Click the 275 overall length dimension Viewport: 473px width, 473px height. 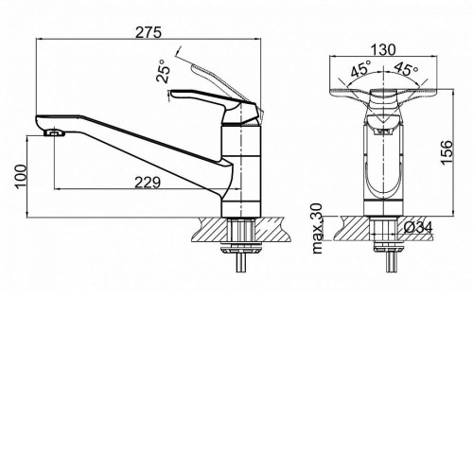149,32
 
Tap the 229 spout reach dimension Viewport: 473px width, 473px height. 148,183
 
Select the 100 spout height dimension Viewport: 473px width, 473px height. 22,176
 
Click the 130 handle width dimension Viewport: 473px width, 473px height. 383,50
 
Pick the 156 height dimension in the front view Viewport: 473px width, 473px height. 447,152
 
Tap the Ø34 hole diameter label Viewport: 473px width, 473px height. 418,227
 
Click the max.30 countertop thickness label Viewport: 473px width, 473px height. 318,229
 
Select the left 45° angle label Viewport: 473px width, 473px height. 360,69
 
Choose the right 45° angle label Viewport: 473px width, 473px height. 406,68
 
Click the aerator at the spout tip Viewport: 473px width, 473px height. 55,132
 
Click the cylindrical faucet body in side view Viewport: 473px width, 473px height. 241,171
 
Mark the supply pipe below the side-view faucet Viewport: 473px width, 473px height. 241,262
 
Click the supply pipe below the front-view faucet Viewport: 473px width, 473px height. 391,262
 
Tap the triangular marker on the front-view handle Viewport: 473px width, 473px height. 383,121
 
